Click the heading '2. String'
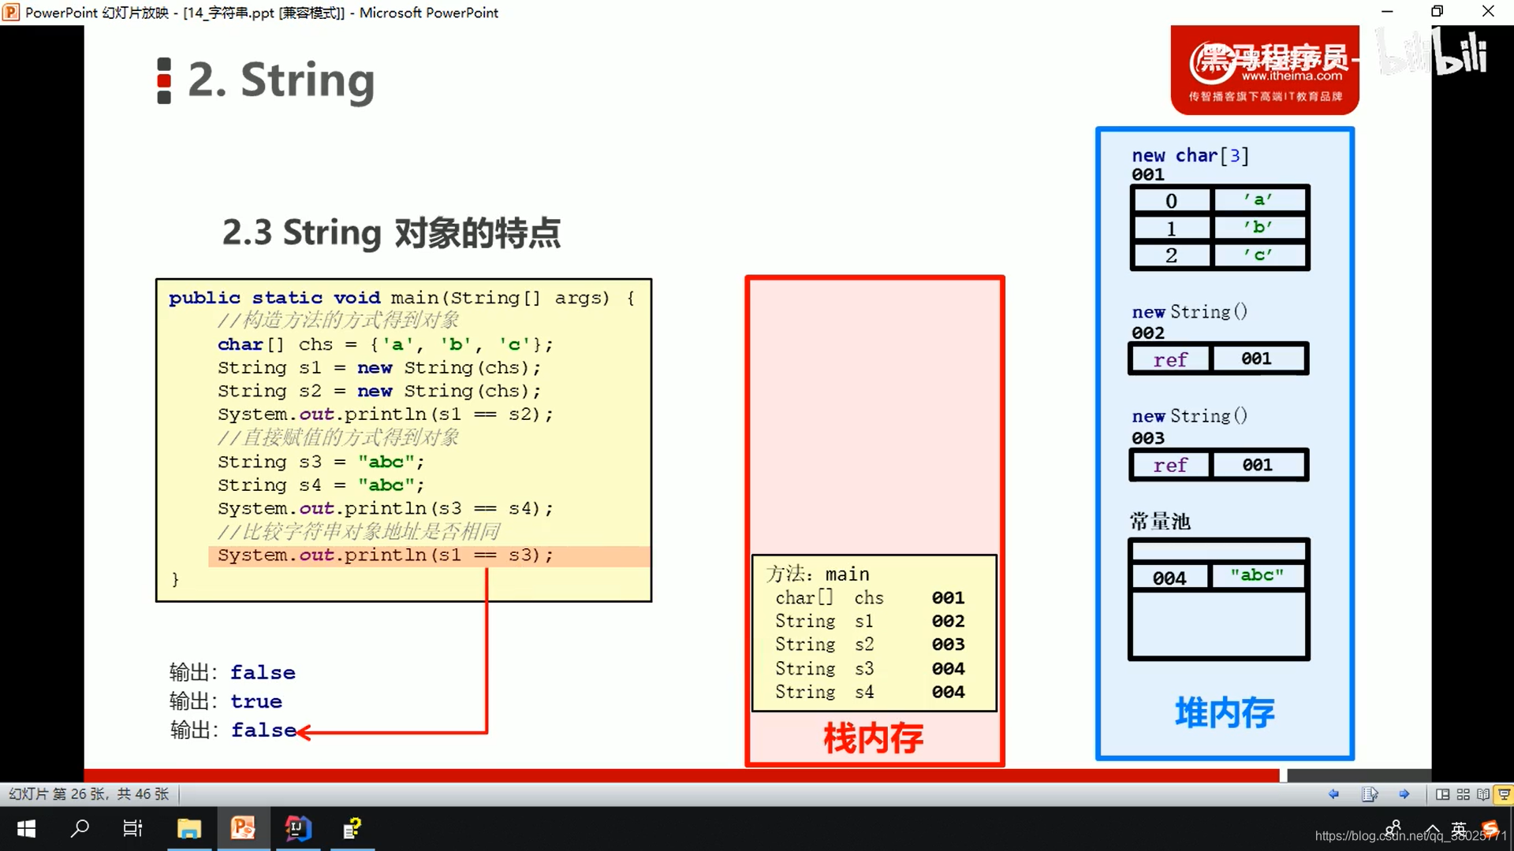[x=280, y=80]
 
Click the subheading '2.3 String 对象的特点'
[x=391, y=232]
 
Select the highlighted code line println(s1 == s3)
[x=386, y=556]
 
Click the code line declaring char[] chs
[x=385, y=344]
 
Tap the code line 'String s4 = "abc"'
[x=321, y=485]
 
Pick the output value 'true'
[x=256, y=701]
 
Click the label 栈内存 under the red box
[x=873, y=738]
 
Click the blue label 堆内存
[x=1224, y=712]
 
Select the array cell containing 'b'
[x=1259, y=228]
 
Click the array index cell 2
[x=1171, y=255]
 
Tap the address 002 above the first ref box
[x=1148, y=333]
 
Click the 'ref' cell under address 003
[x=1170, y=466]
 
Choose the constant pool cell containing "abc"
[x=1257, y=576]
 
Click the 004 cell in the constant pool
[x=1169, y=578]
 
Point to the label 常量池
[x=1160, y=522]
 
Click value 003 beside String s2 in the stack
[x=948, y=645]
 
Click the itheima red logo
[x=1265, y=70]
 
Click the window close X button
[x=1488, y=12]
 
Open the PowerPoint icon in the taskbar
[x=243, y=828]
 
